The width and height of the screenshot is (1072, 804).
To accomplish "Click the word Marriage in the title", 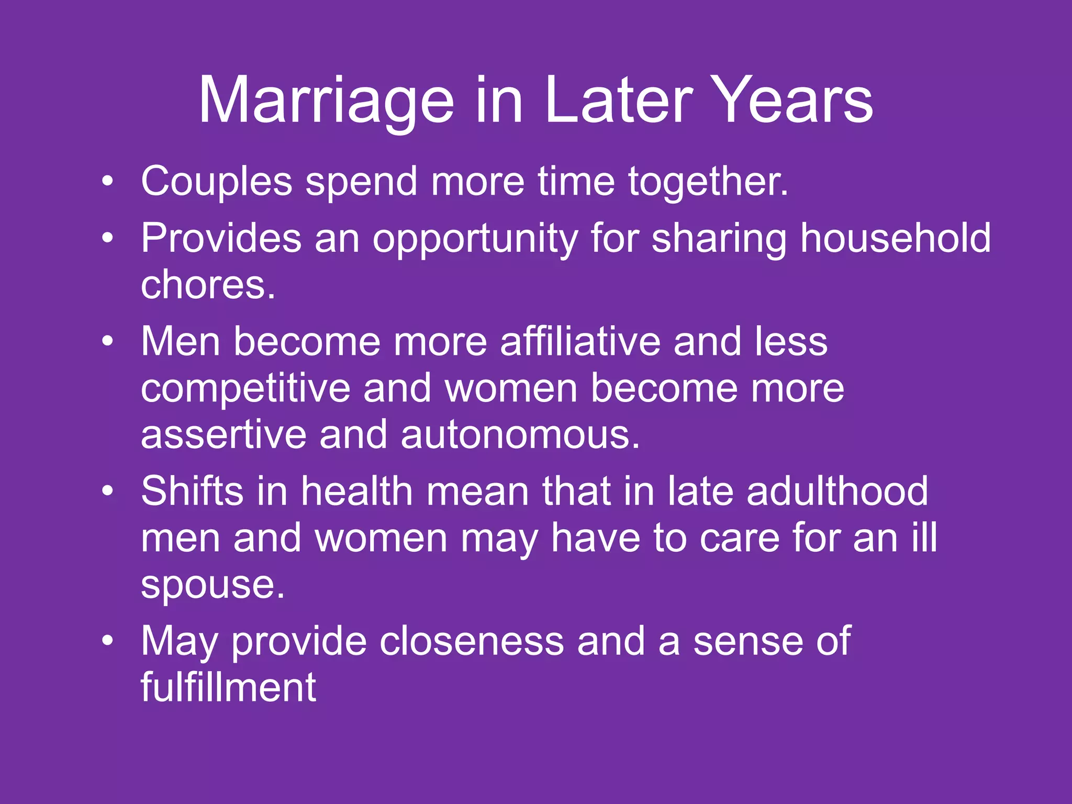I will click(x=326, y=101).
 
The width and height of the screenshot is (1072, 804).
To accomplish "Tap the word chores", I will click(x=208, y=285).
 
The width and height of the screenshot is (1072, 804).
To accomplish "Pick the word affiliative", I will click(x=580, y=342).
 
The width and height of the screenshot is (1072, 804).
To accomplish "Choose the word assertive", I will click(x=223, y=435).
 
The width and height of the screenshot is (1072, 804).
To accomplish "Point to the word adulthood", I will click(x=837, y=492).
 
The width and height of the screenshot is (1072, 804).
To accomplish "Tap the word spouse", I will click(x=213, y=586).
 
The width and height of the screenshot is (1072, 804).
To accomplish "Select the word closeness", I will click(x=471, y=641).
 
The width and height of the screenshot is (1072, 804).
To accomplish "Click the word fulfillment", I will click(x=228, y=687).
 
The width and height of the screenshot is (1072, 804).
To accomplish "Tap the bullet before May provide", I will click(x=107, y=641).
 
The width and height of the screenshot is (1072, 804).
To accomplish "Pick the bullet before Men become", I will click(x=107, y=342).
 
